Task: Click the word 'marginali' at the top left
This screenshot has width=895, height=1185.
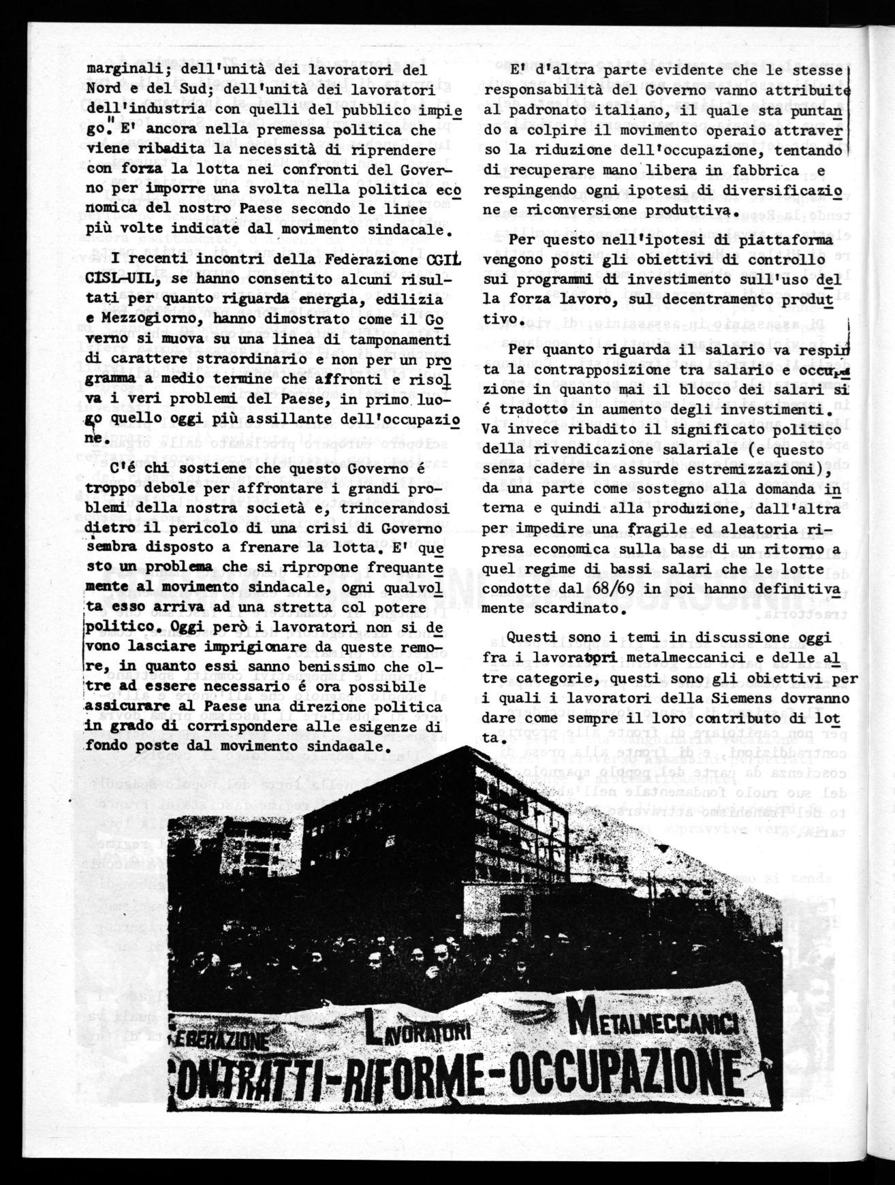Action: (121, 69)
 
